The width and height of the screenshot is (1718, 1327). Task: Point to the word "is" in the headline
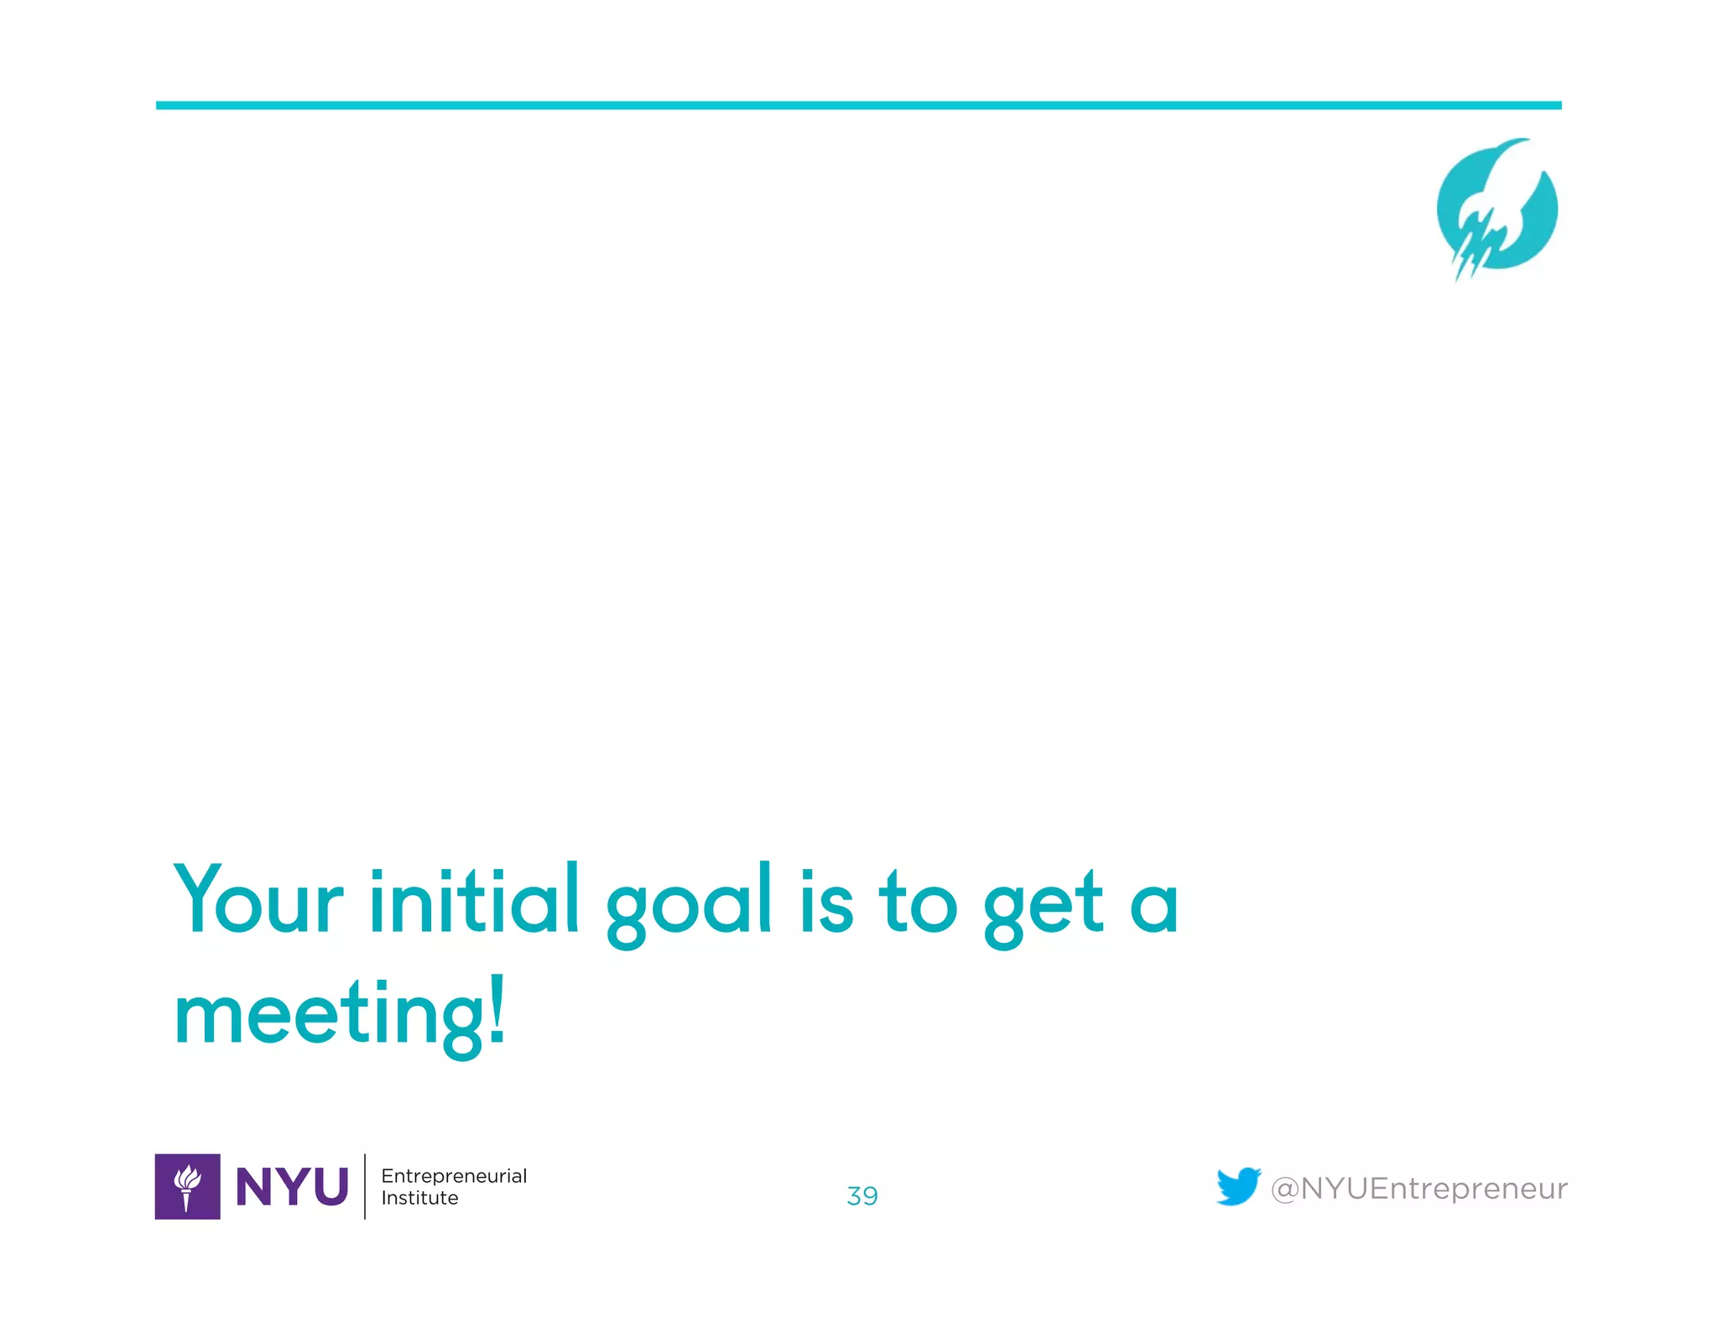826,899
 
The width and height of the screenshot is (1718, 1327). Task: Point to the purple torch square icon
187,1186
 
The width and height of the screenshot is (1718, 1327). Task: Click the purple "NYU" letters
292,1187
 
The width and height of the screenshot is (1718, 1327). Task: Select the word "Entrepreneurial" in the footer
454,1176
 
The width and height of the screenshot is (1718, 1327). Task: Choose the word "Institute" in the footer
419,1198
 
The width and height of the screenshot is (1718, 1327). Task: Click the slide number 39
862,1195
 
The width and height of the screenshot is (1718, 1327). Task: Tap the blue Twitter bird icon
1238,1186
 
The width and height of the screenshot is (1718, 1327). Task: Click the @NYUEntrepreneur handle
1419,1189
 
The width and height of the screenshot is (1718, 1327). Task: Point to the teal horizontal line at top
858,106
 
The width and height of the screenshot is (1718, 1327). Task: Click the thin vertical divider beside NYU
365,1186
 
